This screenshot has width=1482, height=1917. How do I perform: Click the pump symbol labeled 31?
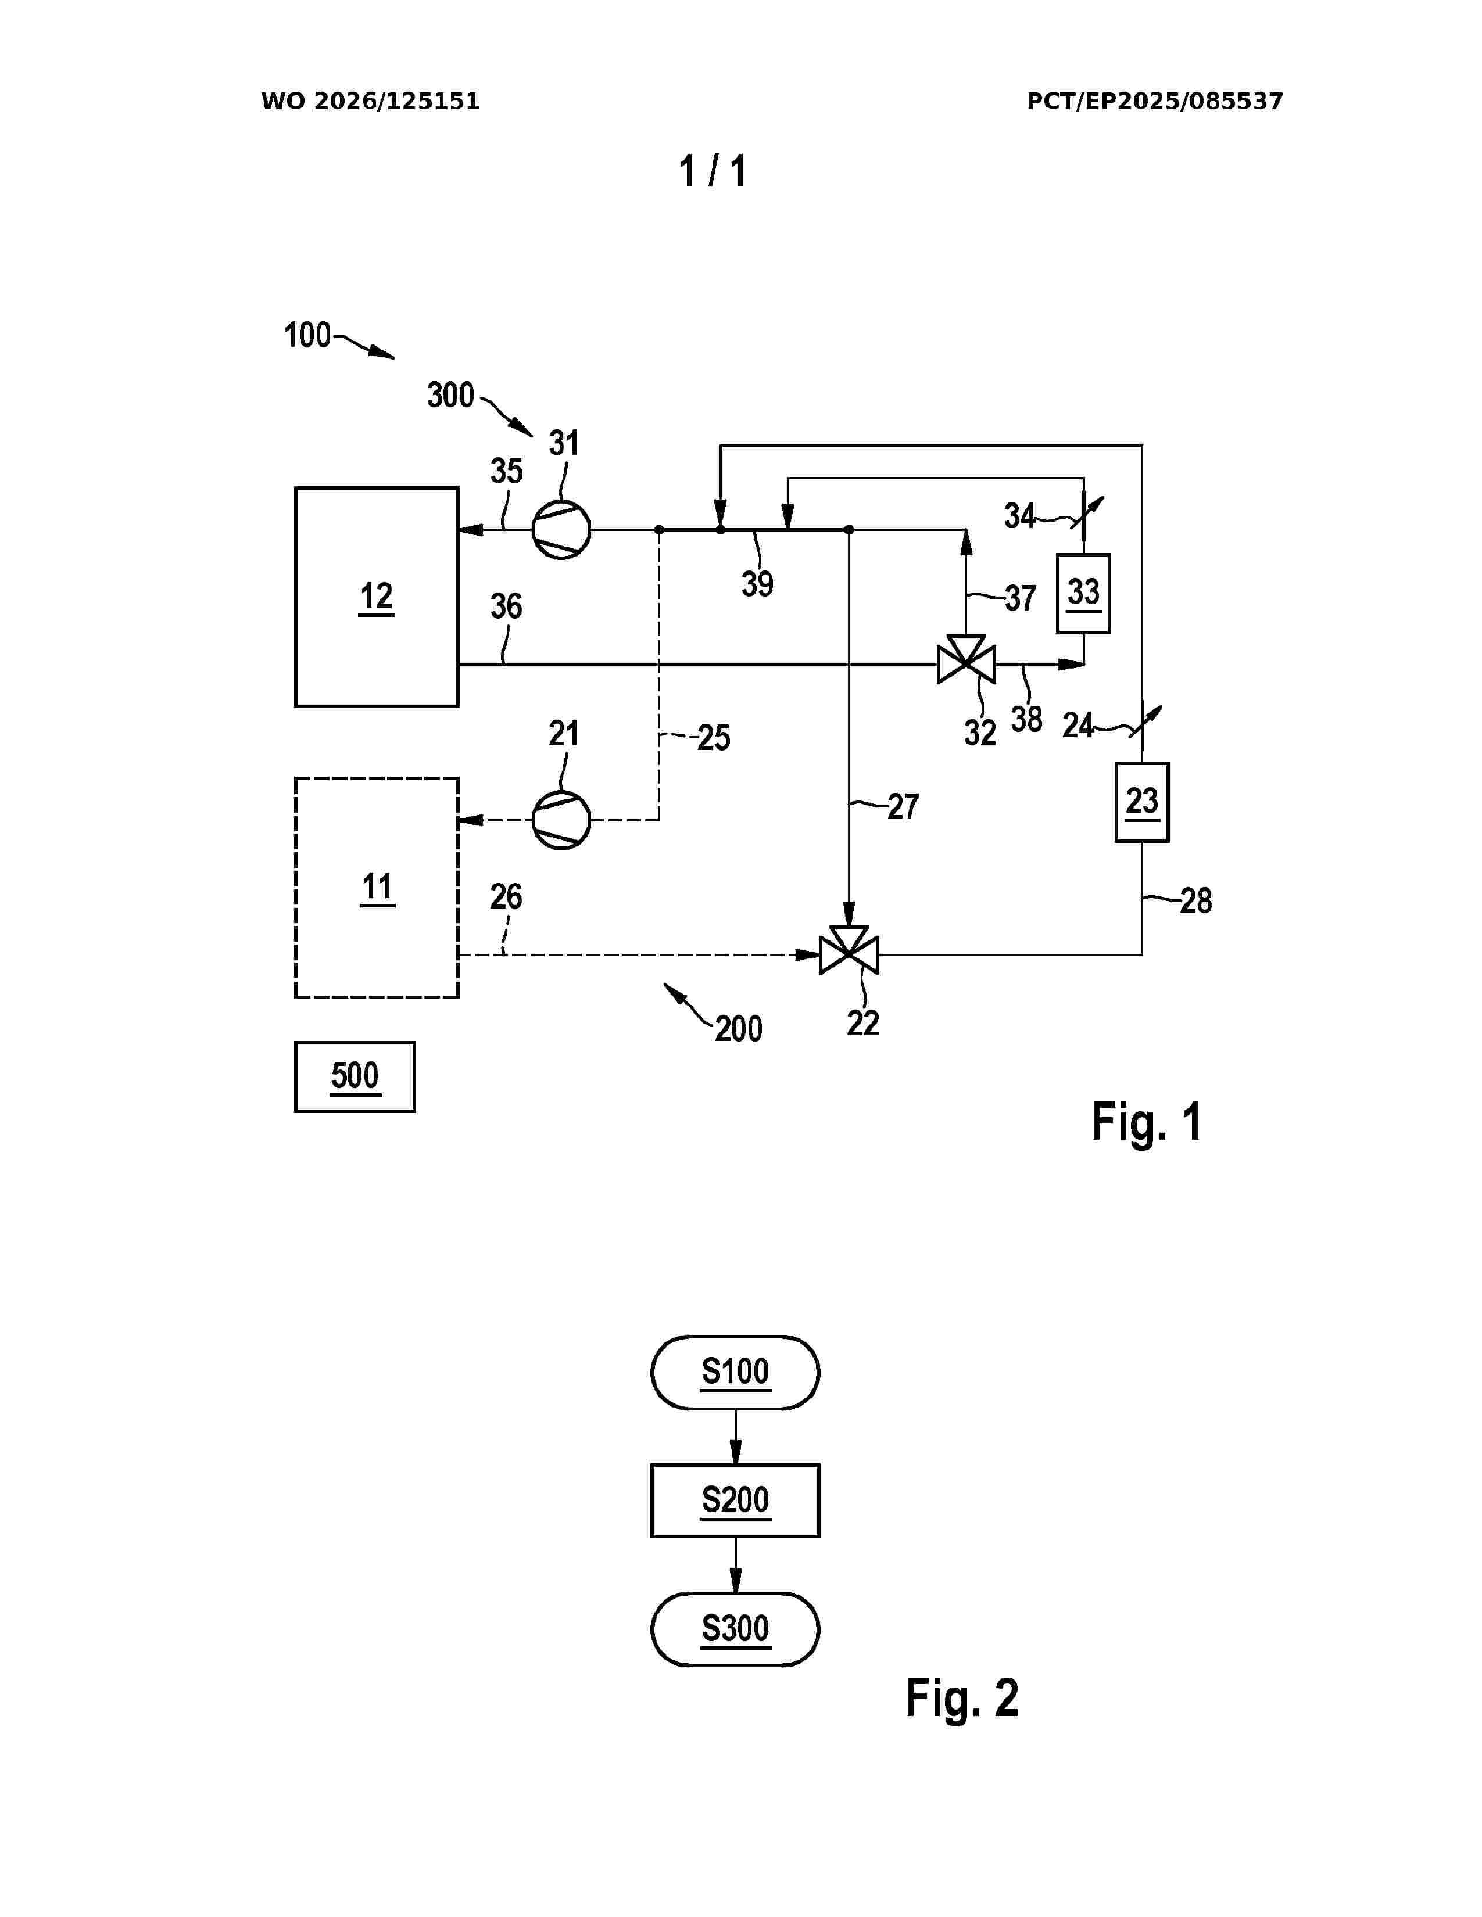point(561,529)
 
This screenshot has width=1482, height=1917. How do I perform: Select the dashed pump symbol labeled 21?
point(561,820)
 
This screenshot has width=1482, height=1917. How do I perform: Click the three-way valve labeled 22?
point(848,950)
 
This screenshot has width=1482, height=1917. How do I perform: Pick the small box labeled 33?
point(1083,593)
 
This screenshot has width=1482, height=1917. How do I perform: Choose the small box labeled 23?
point(1141,802)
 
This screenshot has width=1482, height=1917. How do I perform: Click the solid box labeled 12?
point(377,597)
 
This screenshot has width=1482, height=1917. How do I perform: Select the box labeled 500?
point(355,1077)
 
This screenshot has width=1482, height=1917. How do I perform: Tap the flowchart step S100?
point(735,1373)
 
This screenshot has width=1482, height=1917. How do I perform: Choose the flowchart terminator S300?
point(735,1630)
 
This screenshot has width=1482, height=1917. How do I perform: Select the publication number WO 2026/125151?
point(371,102)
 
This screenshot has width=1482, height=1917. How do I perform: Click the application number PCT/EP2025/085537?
point(1155,102)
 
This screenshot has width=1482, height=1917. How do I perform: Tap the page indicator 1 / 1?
point(712,171)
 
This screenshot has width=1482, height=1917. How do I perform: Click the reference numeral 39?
point(757,584)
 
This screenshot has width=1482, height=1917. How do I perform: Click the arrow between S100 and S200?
point(735,1437)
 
